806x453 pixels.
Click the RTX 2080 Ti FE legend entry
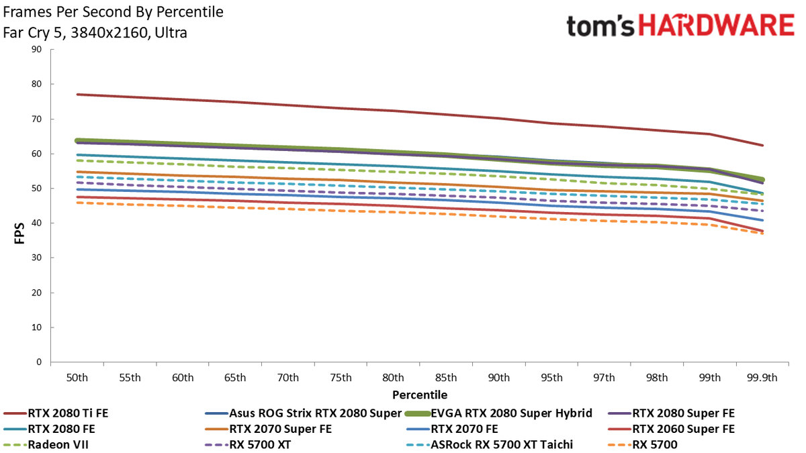tap(56, 413)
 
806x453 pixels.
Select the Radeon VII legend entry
tap(46, 445)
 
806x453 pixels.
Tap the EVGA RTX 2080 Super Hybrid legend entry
tap(498, 413)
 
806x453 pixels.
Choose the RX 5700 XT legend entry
tap(248, 445)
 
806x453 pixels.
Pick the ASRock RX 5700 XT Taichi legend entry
tap(490, 445)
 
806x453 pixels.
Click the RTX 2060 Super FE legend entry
tap(672, 430)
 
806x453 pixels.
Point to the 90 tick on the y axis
tap(36, 49)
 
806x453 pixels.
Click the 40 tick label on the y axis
tap(36, 223)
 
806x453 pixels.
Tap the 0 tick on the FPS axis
tap(39, 362)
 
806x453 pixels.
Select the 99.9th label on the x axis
tap(762, 378)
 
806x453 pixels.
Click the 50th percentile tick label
tap(77, 378)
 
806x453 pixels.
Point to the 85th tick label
tap(446, 378)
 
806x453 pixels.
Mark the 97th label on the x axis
tap(604, 378)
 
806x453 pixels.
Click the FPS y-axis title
tap(19, 234)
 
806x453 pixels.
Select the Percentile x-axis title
tap(420, 395)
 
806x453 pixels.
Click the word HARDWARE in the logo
tap(716, 26)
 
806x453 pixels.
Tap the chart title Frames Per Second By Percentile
tap(113, 12)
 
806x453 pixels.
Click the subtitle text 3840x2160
tap(109, 33)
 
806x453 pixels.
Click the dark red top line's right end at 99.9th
tap(762, 146)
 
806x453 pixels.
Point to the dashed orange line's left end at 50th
tap(77, 203)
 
